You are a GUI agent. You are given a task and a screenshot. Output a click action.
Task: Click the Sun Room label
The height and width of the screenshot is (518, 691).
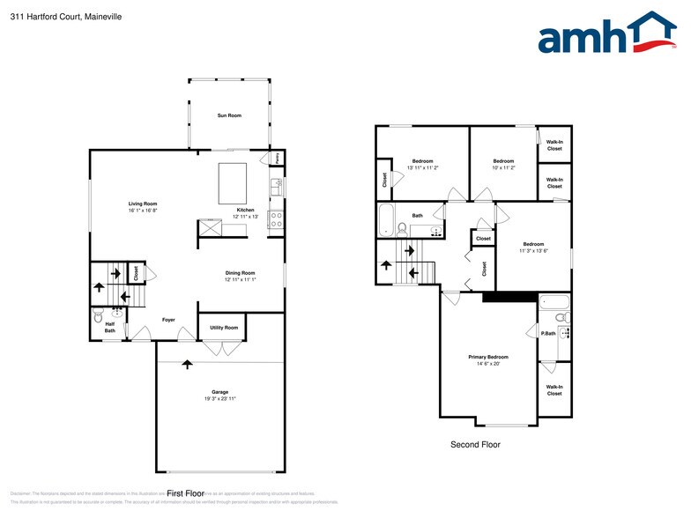coord(229,115)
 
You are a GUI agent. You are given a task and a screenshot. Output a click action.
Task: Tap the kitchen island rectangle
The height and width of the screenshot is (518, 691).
coord(233,182)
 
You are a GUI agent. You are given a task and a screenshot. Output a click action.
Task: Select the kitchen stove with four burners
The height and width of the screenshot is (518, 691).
coord(276,218)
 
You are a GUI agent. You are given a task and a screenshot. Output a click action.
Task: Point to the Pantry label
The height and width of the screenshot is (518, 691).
coord(274,157)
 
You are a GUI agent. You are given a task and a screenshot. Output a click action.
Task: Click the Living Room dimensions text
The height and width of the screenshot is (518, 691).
coord(143,211)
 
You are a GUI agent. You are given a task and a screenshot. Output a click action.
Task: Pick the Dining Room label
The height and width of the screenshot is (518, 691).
coord(240,273)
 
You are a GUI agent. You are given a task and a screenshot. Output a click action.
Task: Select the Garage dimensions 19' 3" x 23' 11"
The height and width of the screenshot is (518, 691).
coord(219,399)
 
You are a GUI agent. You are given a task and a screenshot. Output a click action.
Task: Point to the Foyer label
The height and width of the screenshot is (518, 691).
coord(168,320)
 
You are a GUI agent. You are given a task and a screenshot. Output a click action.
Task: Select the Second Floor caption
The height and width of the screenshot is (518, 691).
coord(475,445)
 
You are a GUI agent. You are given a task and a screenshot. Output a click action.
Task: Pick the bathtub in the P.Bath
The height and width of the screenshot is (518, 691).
coord(554,304)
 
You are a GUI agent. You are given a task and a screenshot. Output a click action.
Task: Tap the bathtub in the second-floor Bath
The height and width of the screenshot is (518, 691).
coord(386,221)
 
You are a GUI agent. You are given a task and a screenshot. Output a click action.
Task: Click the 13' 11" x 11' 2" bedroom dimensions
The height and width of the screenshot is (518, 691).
coord(422,167)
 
